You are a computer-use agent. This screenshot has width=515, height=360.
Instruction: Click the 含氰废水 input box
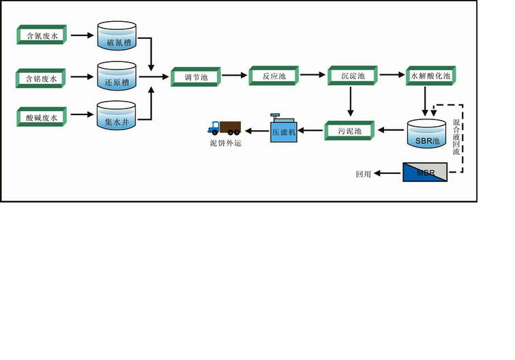point(42,35)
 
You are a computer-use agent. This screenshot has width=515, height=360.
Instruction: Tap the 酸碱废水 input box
point(42,117)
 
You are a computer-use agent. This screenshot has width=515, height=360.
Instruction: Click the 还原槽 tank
point(117,76)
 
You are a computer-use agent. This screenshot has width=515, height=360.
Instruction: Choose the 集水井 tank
point(117,116)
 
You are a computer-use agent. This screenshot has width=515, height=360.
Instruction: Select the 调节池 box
point(195,76)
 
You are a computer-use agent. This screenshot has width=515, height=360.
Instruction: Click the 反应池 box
point(273,76)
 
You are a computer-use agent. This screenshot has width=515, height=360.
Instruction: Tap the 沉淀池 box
point(351,76)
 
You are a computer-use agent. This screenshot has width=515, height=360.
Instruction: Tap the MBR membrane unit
point(424,172)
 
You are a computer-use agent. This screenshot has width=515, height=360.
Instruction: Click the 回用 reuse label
point(363,175)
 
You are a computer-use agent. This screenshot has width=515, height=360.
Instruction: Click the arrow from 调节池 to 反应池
point(233,76)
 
